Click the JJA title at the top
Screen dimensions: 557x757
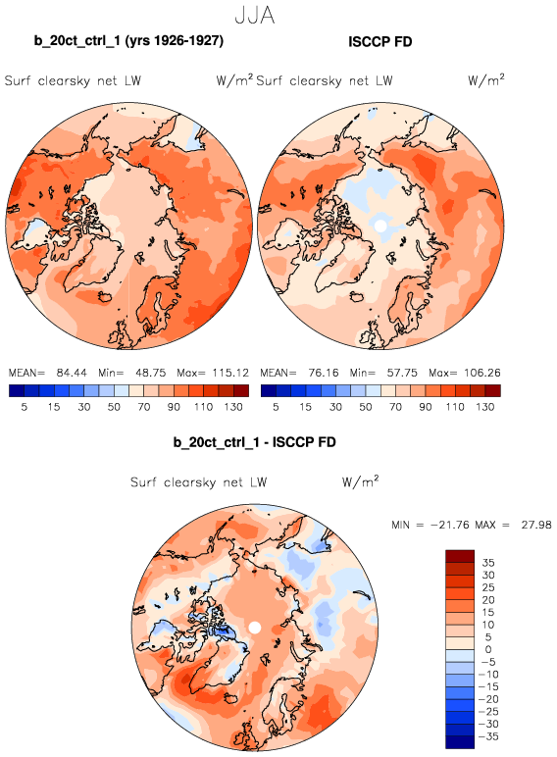point(255,15)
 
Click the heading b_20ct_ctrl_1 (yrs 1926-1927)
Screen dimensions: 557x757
point(128,40)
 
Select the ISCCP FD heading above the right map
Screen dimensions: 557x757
point(380,42)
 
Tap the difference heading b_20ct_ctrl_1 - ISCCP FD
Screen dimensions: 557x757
point(254,442)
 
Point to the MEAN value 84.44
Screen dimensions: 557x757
point(72,374)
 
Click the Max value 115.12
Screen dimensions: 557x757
point(230,374)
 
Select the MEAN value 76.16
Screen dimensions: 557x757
point(323,374)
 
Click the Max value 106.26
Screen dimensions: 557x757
point(481,374)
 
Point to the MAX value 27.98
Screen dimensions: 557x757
point(536,525)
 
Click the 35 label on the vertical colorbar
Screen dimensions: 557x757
point(488,563)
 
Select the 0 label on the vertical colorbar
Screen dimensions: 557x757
point(488,650)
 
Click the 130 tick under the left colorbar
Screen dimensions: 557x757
point(233,407)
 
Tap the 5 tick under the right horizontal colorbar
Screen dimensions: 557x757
point(276,407)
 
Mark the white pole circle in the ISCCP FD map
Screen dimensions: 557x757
point(380,226)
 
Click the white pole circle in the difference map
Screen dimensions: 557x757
point(255,628)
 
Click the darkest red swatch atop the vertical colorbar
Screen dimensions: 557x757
point(460,556)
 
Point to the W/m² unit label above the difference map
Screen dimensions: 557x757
point(361,481)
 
